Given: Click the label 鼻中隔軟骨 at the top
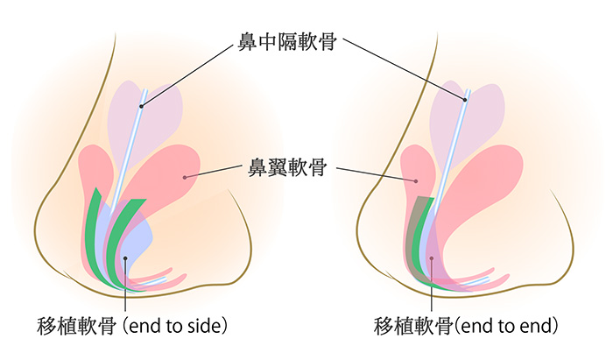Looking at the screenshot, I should pyautogui.click(x=288, y=41).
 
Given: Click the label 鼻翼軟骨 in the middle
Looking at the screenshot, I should pyautogui.click(x=288, y=169).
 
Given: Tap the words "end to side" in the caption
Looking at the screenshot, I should pyautogui.click(x=178, y=327).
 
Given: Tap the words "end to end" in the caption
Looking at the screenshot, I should pyautogui.click(x=505, y=327).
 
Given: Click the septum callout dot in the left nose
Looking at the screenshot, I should pyautogui.click(x=140, y=107).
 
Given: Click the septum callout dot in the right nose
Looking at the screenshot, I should pyautogui.click(x=464, y=99).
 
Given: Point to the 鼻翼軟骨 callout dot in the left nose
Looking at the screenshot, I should pyautogui.click(x=184, y=178).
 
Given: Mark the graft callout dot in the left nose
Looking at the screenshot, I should pyautogui.click(x=125, y=258).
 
